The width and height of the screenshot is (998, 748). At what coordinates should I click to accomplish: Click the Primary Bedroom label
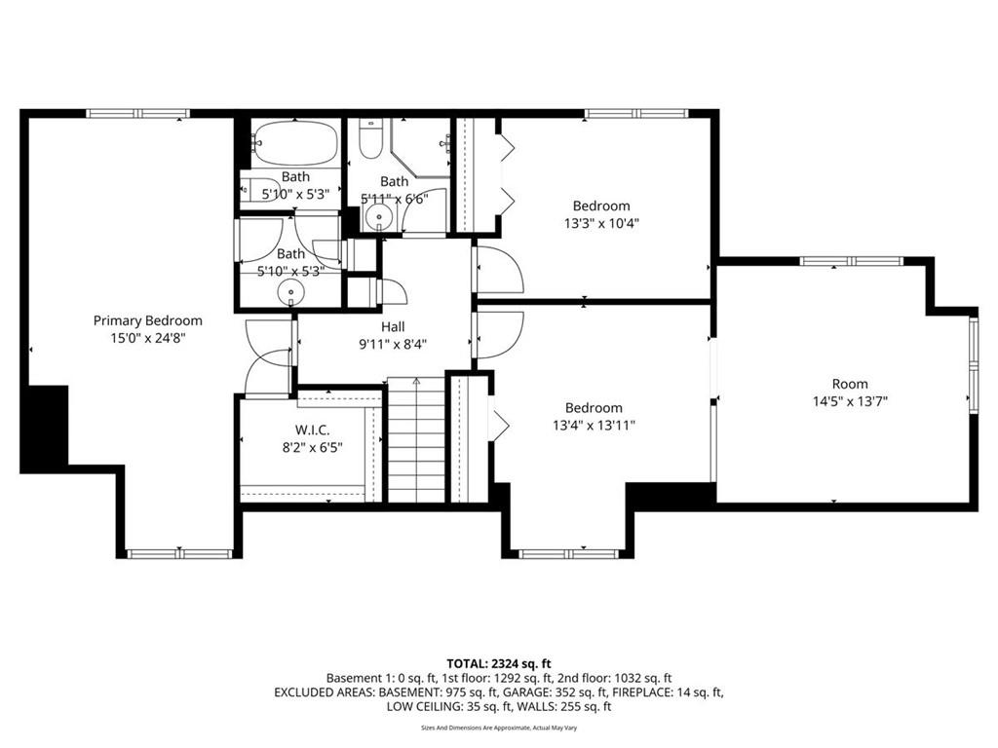(148, 321)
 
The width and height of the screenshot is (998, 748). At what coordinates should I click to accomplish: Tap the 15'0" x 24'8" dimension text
(148, 338)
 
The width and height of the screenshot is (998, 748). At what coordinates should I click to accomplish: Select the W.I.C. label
(312, 430)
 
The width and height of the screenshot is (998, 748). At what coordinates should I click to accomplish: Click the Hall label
(393, 327)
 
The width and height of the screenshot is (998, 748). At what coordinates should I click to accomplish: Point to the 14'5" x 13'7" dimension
(850, 401)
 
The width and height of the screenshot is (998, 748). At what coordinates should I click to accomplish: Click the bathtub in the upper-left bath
(294, 143)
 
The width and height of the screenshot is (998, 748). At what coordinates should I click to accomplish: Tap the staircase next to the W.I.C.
(416, 439)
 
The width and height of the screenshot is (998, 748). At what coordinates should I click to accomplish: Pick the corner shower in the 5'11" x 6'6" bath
(420, 147)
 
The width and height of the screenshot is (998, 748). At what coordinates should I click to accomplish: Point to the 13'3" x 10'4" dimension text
(600, 223)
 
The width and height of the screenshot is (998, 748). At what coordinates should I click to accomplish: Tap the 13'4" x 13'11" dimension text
(594, 426)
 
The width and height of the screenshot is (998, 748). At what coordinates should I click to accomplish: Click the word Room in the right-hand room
(850, 384)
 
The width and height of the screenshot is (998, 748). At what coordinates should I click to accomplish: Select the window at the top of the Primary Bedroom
(138, 114)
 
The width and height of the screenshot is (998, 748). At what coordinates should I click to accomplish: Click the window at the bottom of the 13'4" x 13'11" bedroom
(568, 554)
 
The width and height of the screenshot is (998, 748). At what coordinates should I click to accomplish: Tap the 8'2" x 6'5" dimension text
(312, 448)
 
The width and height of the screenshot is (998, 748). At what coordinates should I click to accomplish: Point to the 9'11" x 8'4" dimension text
(393, 345)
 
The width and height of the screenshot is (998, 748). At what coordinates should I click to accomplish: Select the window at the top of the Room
(852, 261)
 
